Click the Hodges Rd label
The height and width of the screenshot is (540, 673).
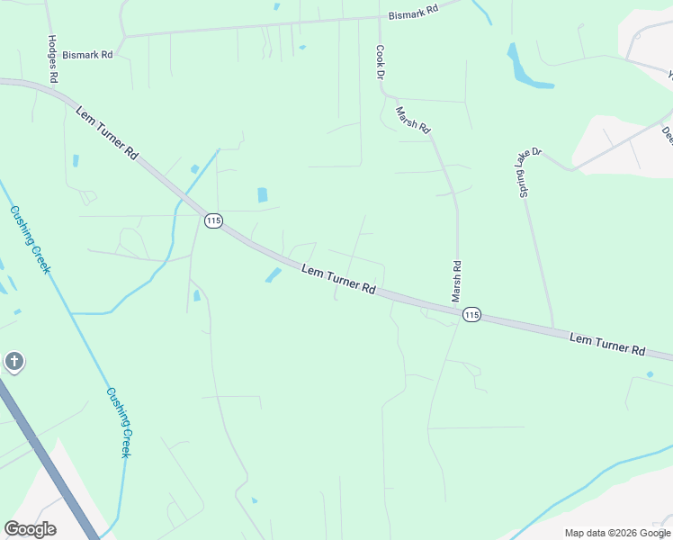pos(52,60)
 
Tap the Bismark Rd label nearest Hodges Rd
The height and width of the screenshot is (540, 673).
pos(88,55)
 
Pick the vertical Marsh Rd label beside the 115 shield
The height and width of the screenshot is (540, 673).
pos(457,282)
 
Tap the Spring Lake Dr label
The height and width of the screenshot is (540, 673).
pos(528,175)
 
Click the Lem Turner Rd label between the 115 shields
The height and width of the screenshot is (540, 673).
pos(338,280)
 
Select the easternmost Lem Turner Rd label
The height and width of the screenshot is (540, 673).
pos(607,343)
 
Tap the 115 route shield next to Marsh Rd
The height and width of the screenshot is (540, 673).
pos(472,315)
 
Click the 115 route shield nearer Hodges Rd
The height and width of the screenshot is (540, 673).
pos(213,220)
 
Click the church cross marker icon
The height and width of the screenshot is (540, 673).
pos(13,362)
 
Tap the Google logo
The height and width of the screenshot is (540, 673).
pos(30,529)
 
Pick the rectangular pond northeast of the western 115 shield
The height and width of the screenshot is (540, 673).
pos(263,194)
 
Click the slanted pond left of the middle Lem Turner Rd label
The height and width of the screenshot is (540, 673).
pos(274,274)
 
